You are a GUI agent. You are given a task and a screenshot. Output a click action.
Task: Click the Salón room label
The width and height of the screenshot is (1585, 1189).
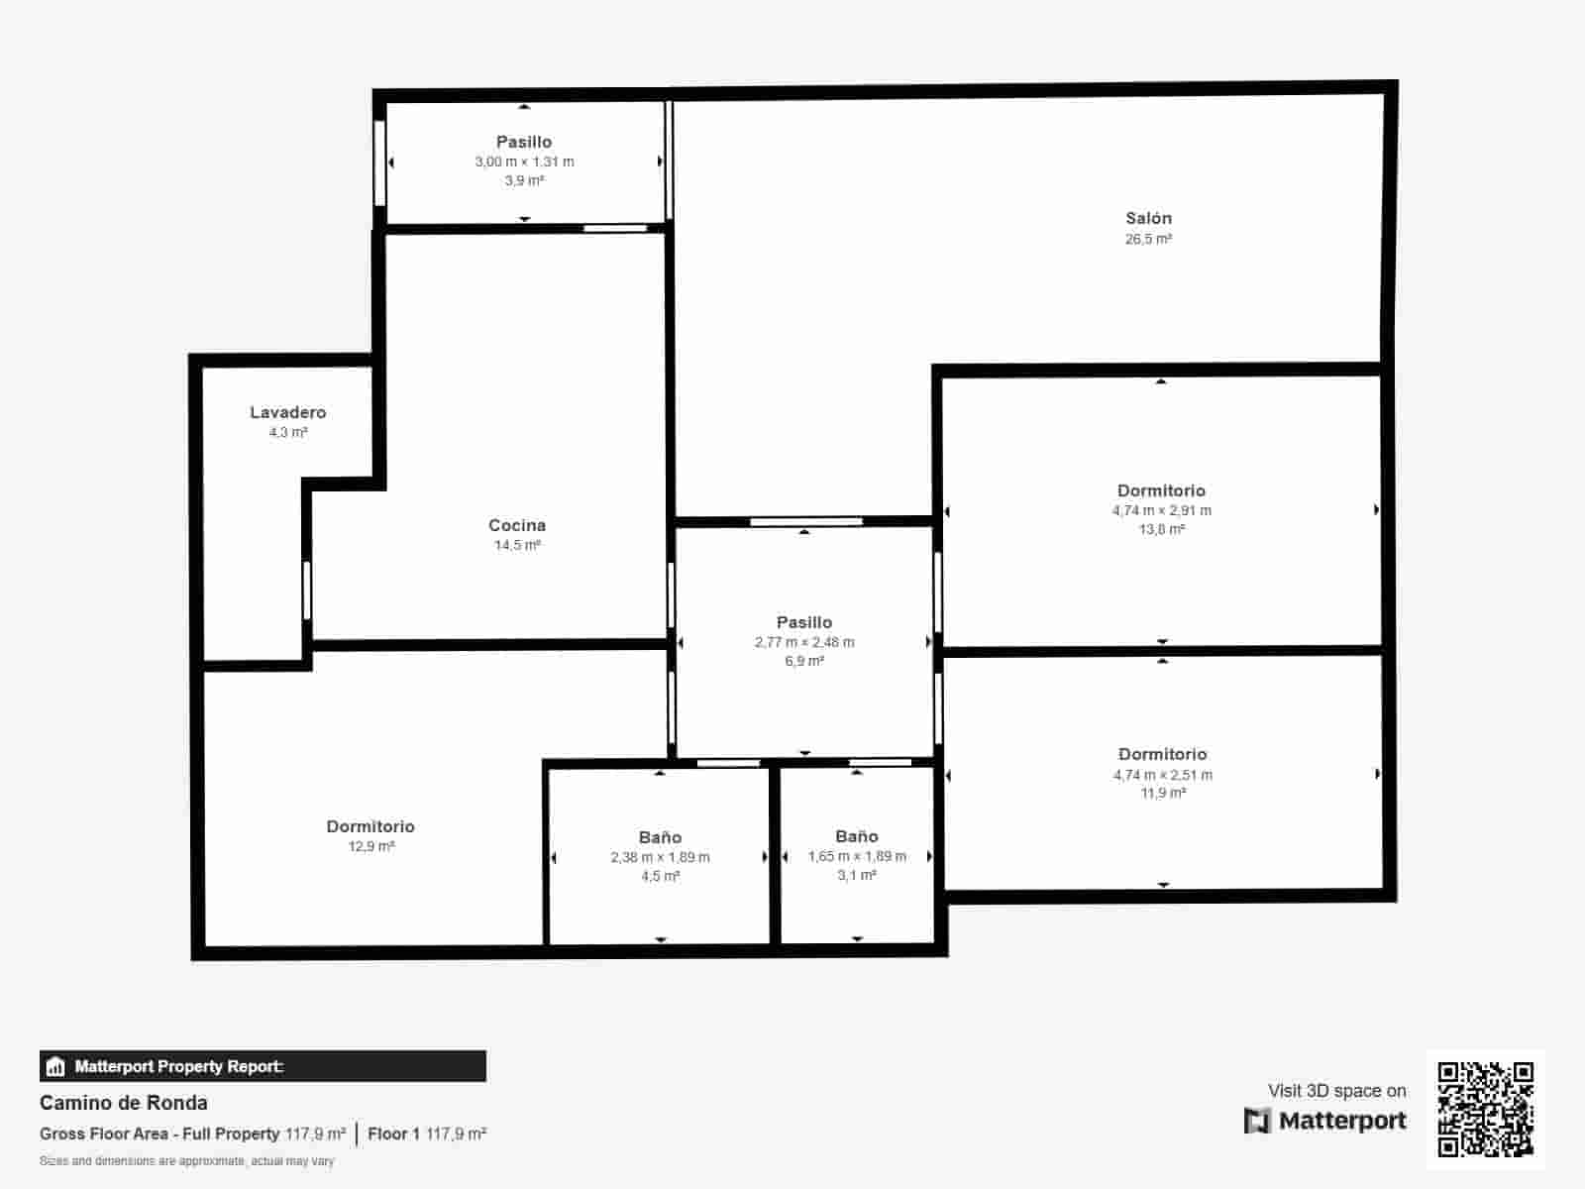[1148, 218]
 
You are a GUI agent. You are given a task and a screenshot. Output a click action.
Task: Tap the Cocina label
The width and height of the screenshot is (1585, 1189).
[517, 525]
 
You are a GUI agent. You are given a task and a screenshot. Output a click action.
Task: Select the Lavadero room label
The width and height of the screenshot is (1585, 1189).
[287, 412]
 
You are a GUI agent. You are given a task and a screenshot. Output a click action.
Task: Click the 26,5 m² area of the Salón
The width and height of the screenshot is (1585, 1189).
[1148, 239]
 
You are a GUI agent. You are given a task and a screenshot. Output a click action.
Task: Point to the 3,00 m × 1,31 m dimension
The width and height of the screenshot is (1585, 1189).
[524, 162]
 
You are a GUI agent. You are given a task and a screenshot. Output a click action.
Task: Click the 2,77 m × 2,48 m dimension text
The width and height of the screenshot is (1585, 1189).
[804, 642]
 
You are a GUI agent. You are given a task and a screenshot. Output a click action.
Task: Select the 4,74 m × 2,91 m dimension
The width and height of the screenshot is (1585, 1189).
[1161, 510]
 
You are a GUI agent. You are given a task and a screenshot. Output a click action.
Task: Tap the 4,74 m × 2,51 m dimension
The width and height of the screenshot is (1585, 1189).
[1162, 775]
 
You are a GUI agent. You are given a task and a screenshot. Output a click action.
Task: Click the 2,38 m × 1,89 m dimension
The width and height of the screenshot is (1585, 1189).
[660, 857]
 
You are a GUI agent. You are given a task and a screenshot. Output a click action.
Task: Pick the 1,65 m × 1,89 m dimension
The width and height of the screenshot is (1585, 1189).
[857, 856]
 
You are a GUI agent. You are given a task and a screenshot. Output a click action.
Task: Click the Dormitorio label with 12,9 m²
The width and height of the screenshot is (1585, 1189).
[370, 826]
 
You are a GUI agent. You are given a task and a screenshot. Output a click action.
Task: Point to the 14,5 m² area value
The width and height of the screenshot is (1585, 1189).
[517, 545]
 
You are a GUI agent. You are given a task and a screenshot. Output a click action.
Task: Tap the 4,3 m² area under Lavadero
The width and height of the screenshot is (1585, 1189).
[288, 432]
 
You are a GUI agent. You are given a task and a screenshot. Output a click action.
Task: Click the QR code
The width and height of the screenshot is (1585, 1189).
[1485, 1109]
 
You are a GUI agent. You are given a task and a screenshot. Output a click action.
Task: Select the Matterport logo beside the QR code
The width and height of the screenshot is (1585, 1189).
[1325, 1121]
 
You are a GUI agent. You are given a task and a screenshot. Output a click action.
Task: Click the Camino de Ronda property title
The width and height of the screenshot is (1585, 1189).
[124, 1103]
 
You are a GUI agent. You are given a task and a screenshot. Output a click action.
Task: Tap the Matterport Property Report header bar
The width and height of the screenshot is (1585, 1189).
[263, 1066]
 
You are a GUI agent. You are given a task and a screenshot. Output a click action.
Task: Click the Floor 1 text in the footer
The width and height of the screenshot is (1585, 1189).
[394, 1134]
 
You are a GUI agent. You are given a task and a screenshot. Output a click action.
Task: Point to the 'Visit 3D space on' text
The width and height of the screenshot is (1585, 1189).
[1336, 1091]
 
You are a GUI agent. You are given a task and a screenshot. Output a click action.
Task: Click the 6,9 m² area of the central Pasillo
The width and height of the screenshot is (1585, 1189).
[804, 661]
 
